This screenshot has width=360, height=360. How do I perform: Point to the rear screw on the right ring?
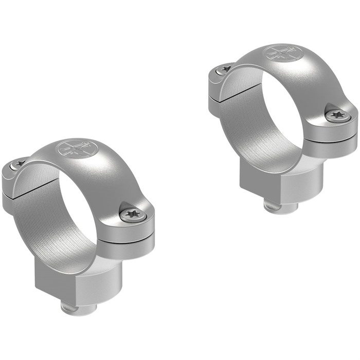click(x=225, y=69)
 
